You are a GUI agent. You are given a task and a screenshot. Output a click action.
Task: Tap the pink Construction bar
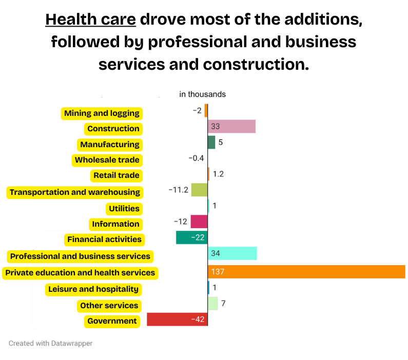click(x=231, y=126)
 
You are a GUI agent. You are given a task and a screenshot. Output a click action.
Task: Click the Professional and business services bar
click(x=232, y=253)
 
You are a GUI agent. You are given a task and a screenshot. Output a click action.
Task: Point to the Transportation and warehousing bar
click(x=199, y=190)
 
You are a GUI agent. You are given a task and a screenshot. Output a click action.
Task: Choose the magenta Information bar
click(x=199, y=222)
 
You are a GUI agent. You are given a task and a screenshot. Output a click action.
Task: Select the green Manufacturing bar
click(x=211, y=143)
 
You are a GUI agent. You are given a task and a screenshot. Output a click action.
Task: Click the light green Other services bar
click(x=212, y=304)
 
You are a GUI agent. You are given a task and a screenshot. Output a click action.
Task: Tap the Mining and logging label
click(x=102, y=113)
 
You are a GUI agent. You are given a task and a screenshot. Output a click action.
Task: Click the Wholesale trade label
click(x=107, y=160)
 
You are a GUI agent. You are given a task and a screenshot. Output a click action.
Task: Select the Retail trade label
click(x=116, y=175)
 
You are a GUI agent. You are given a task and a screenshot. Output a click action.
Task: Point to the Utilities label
click(x=124, y=209)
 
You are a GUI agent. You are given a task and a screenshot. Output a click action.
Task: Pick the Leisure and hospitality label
click(x=93, y=289)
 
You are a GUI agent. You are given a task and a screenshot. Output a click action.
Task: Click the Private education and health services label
click(x=80, y=273)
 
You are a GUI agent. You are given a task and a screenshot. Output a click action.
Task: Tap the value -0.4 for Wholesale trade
click(x=196, y=158)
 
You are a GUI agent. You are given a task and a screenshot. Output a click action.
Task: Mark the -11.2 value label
click(x=179, y=190)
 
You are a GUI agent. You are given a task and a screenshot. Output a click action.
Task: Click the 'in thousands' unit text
click(x=202, y=94)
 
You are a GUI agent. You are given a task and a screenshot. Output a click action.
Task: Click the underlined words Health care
click(x=90, y=20)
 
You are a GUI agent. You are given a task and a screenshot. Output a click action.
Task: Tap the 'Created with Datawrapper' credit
click(x=51, y=343)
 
